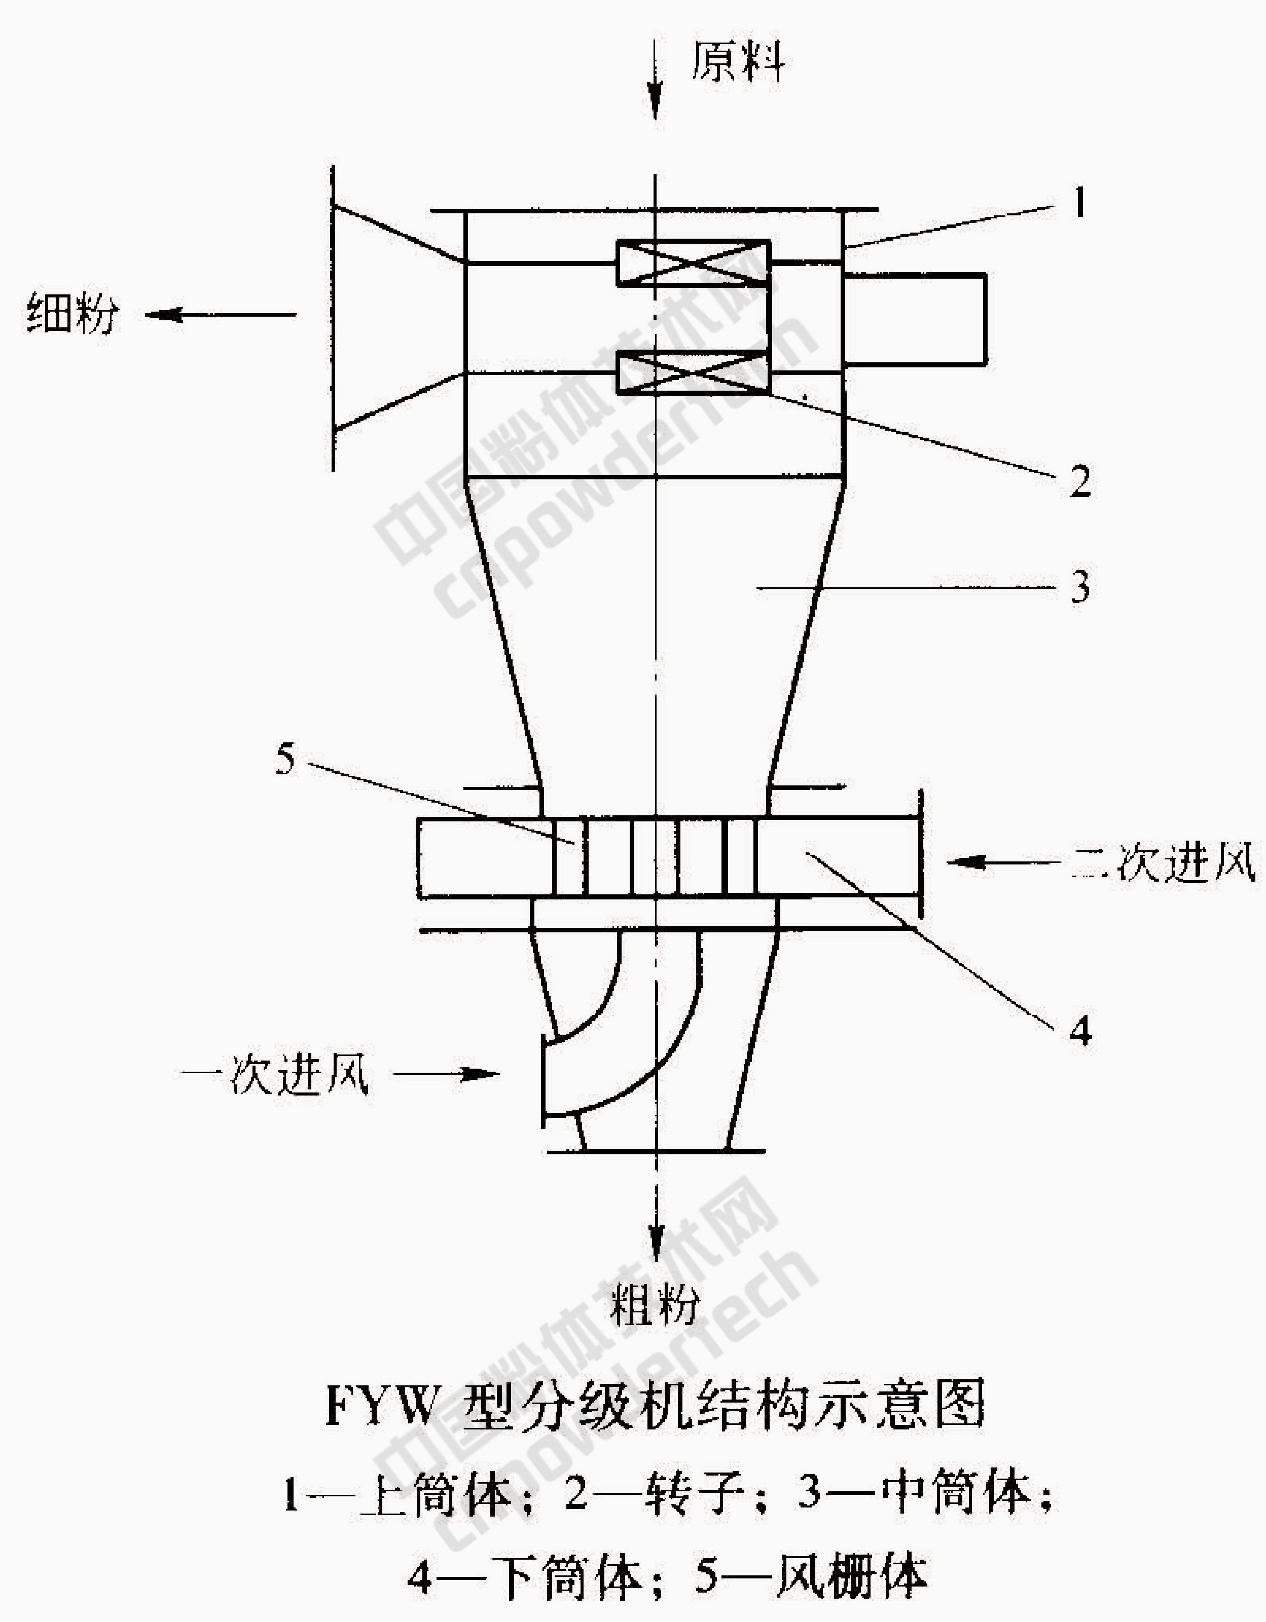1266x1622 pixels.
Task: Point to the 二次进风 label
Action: point(1163,862)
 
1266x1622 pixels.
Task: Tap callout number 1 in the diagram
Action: point(1079,202)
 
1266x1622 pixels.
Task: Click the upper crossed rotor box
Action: point(693,263)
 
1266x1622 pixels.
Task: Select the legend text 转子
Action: point(695,1495)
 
